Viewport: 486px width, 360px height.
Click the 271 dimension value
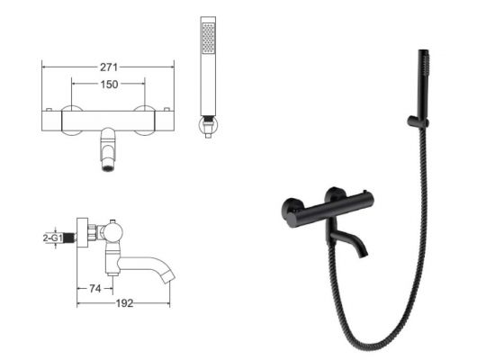pyautogui.click(x=109, y=67)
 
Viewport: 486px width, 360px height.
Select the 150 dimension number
pyautogui.click(x=109, y=85)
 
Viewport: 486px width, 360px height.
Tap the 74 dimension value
pyautogui.click(x=95, y=289)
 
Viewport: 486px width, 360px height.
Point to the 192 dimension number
pyautogui.click(x=124, y=303)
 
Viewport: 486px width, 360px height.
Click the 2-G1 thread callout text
pyautogui.click(x=53, y=238)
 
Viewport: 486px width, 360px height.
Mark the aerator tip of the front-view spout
pyautogui.click(x=108, y=168)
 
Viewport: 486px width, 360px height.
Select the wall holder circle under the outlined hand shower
pyautogui.click(x=208, y=124)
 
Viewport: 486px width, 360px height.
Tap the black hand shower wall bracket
pyautogui.click(x=418, y=121)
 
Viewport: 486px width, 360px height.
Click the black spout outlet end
pyautogui.click(x=364, y=255)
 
